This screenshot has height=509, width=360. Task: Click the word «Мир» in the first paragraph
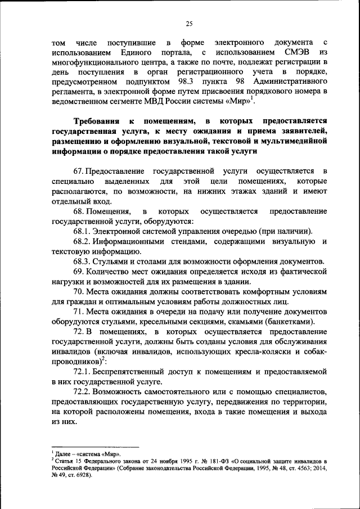(236, 101)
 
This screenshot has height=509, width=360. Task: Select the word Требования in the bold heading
(99, 122)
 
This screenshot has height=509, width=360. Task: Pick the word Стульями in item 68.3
(112, 262)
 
